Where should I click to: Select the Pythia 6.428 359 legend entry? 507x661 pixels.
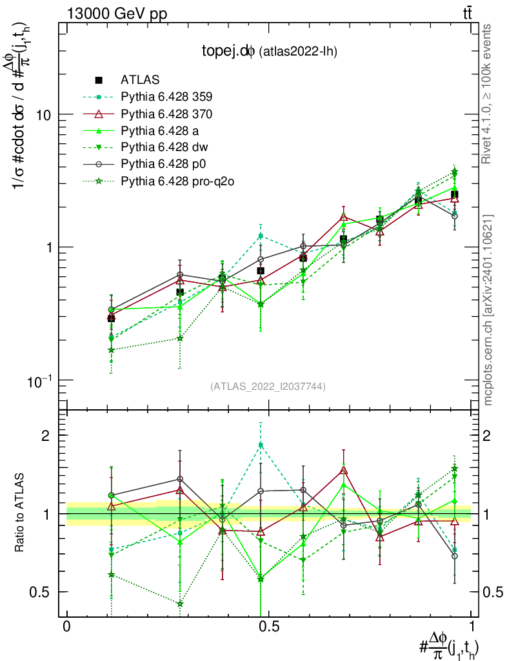pyautogui.click(x=166, y=97)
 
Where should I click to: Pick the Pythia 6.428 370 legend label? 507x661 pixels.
pyautogui.click(x=166, y=114)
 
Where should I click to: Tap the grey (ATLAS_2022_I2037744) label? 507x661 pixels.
pyautogui.click(x=268, y=386)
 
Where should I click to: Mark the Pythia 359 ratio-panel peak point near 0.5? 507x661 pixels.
pyautogui.click(x=261, y=445)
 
